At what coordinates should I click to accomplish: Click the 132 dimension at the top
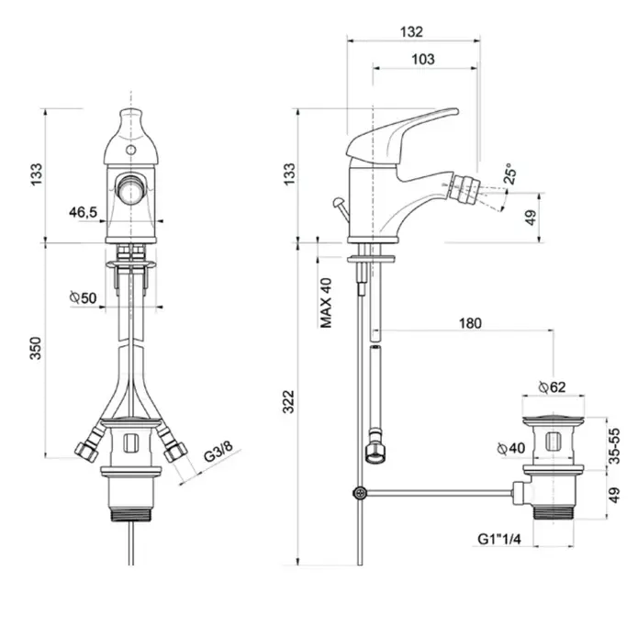411,32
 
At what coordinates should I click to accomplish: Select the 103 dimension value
423,60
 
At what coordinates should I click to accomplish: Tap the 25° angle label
509,173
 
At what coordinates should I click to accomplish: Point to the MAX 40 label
326,303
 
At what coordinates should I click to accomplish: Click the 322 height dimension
288,401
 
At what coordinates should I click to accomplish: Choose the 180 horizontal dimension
470,323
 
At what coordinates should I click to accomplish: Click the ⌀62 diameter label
552,386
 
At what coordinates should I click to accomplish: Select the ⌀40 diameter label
511,448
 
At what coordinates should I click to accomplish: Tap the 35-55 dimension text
614,445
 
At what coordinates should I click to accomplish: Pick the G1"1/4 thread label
498,539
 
